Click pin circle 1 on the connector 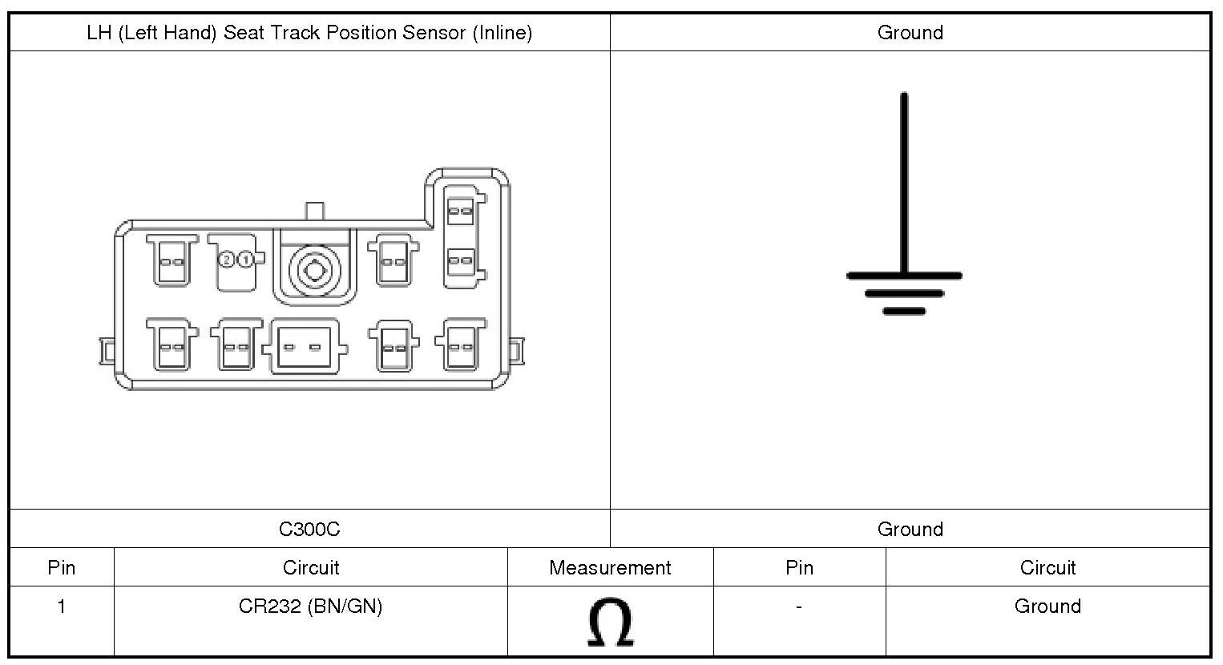click(x=245, y=260)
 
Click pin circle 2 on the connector click(x=227, y=260)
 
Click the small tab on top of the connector click(x=315, y=212)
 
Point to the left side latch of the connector click(x=107, y=350)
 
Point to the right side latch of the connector click(x=517, y=350)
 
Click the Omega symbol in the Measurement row click(x=610, y=623)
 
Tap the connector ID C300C click(x=309, y=530)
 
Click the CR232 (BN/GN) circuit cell click(x=310, y=607)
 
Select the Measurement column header click(x=610, y=568)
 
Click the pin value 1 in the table click(x=62, y=607)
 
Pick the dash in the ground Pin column click(x=799, y=607)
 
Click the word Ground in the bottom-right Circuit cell click(x=1047, y=607)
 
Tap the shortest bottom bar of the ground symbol click(x=904, y=311)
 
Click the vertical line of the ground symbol click(x=904, y=184)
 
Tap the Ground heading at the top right click(x=910, y=33)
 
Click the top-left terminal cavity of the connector click(x=172, y=260)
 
